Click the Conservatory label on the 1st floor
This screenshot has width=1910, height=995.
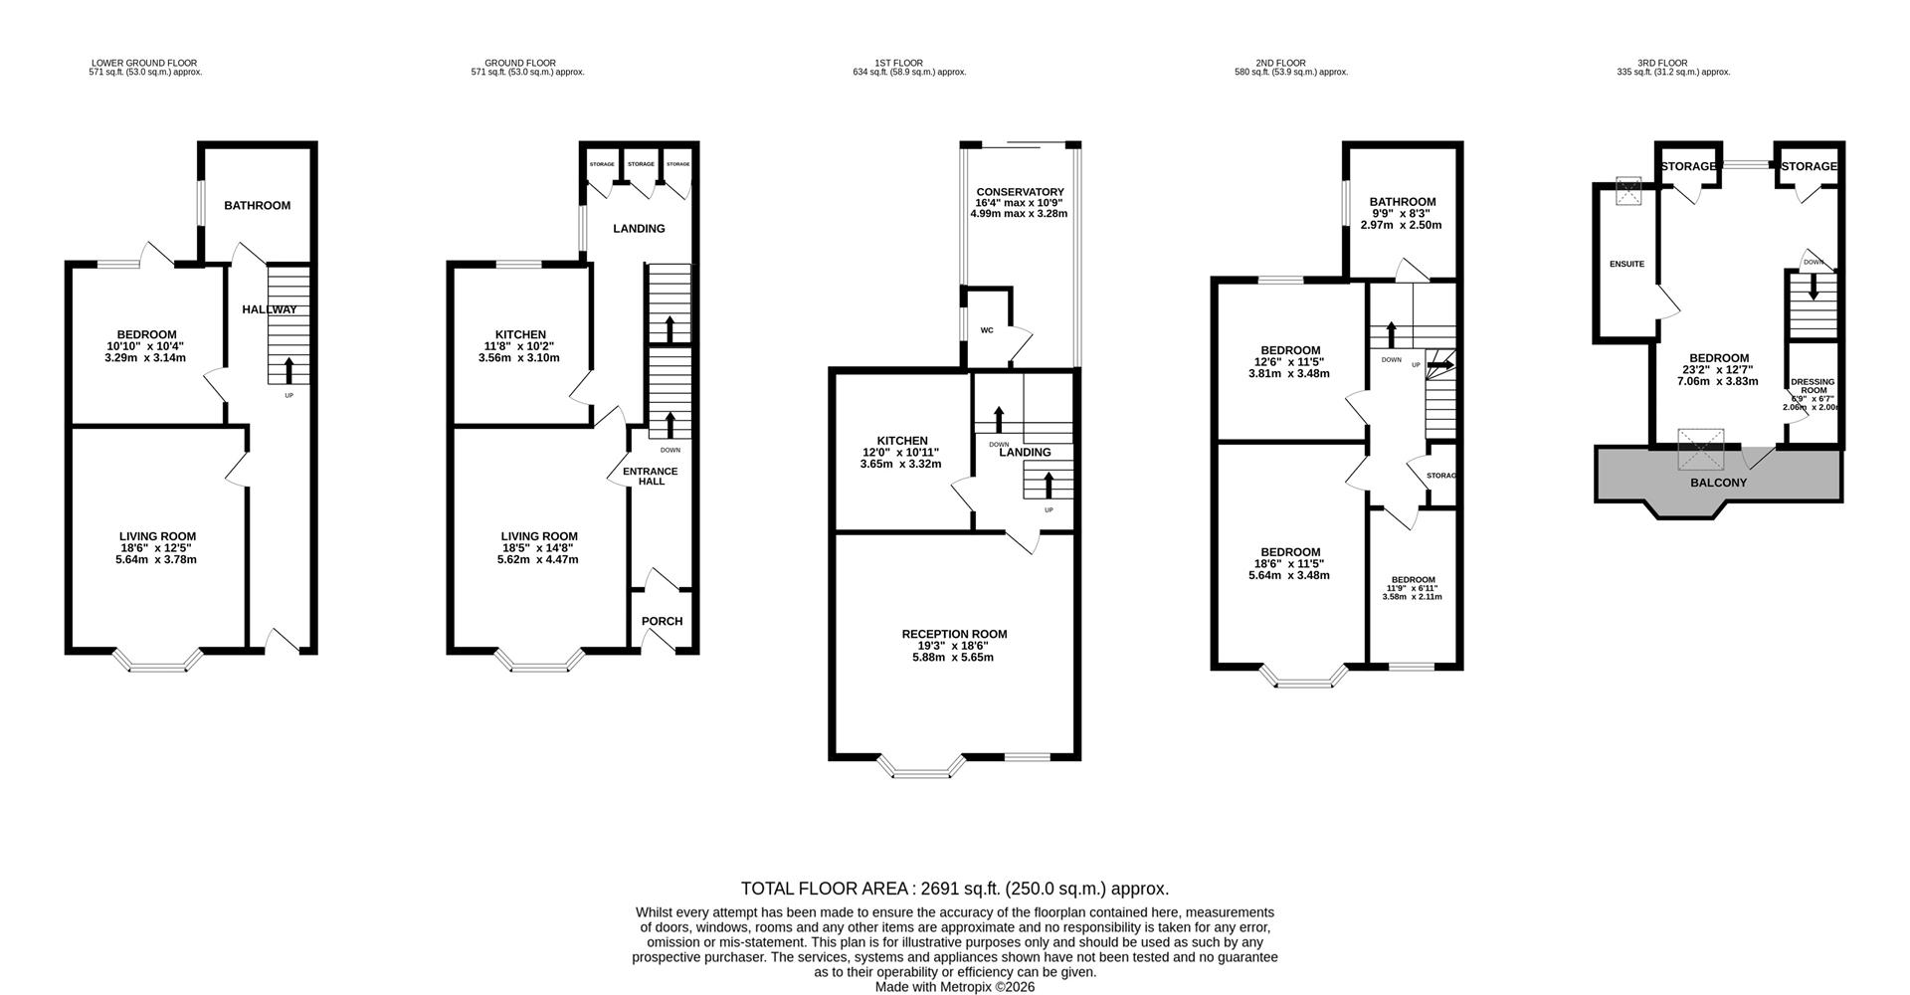(x=1020, y=192)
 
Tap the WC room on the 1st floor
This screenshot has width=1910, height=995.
(x=987, y=330)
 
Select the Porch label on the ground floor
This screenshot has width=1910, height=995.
(x=662, y=621)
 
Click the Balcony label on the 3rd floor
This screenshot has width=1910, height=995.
(x=1718, y=483)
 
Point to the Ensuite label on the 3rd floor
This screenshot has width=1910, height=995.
(x=1626, y=264)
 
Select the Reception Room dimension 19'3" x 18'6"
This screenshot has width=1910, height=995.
(x=953, y=646)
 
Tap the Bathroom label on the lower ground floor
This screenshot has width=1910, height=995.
(x=257, y=205)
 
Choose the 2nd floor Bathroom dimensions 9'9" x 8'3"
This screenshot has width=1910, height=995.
(x=1401, y=214)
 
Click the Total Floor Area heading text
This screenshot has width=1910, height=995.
(x=954, y=889)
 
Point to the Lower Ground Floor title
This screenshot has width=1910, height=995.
(x=144, y=63)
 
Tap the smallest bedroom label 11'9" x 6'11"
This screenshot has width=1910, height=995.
(x=1413, y=588)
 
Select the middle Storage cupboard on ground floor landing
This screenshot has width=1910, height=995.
(x=641, y=164)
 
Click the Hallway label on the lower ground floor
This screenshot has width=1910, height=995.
(x=270, y=309)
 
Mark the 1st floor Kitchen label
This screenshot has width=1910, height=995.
(x=901, y=441)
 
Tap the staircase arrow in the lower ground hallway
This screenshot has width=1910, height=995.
(x=289, y=370)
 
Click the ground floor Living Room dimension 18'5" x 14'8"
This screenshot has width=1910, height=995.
(x=537, y=548)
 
